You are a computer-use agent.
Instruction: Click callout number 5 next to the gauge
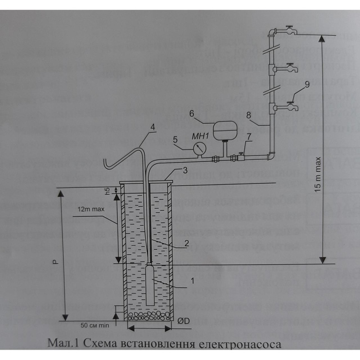175,139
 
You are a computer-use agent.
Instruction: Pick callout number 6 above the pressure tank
191,114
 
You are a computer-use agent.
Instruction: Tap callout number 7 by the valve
248,136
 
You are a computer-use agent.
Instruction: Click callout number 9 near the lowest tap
306,84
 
